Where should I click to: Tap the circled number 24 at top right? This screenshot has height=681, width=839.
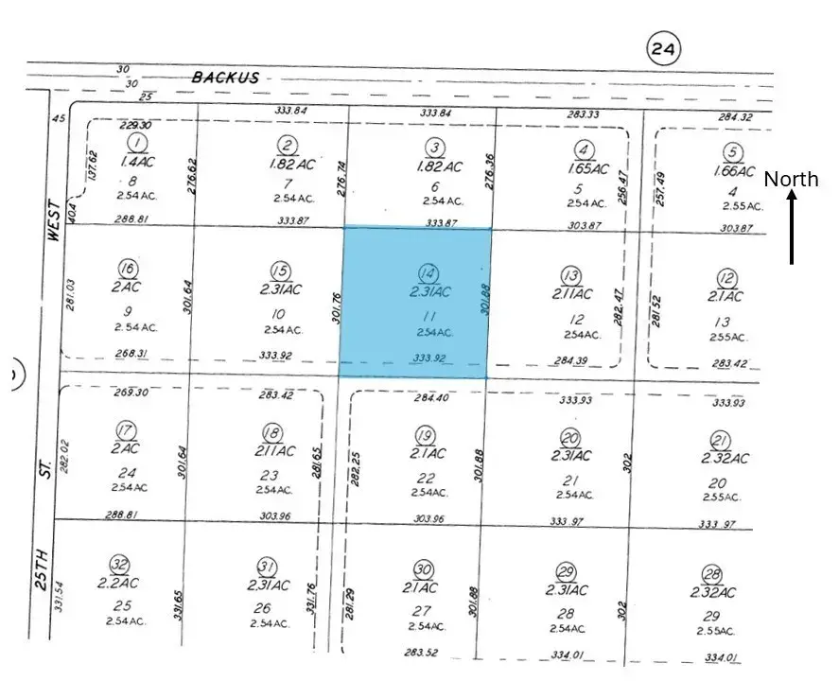point(664,47)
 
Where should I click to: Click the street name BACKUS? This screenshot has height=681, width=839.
point(225,78)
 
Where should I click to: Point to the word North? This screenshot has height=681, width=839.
point(791,180)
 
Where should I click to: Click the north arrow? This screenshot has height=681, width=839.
point(792,227)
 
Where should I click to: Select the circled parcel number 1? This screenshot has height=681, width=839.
point(139,143)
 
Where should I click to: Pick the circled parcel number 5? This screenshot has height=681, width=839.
point(732,153)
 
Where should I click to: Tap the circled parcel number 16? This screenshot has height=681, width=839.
point(130,268)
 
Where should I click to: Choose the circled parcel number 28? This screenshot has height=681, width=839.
point(712,573)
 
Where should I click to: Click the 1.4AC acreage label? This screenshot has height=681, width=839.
point(139,162)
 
